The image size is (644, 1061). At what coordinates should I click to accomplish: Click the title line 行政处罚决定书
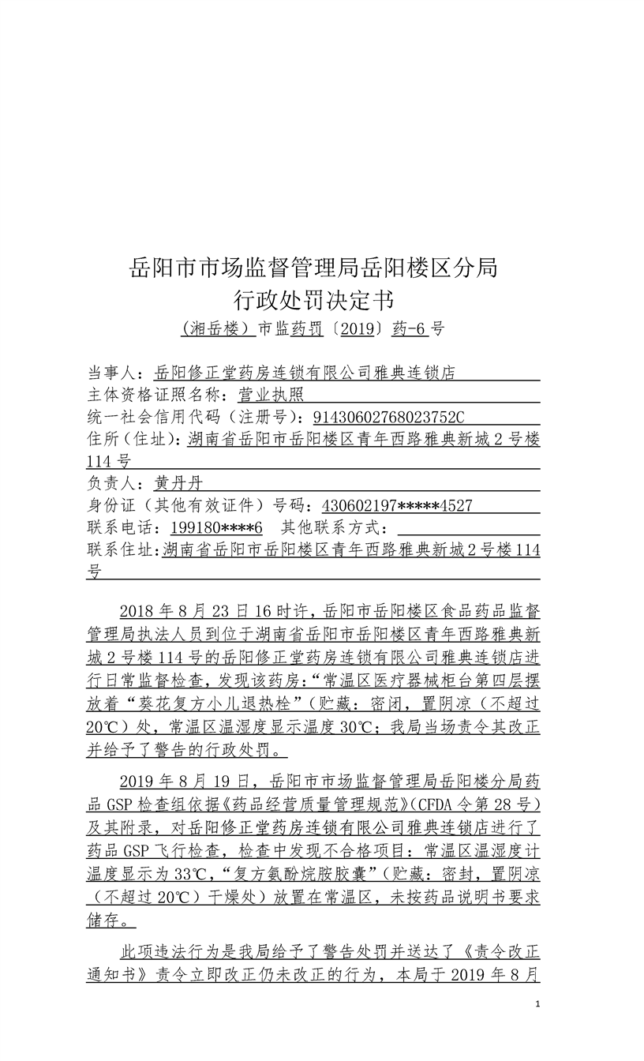coord(313,301)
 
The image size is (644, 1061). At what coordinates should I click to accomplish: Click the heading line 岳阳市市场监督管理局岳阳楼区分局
coord(313,268)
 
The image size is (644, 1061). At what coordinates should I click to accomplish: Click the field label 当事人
coord(114,372)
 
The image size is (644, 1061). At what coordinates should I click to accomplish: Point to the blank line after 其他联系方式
coord(469,527)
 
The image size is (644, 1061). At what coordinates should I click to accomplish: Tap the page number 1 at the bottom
coord(537,1004)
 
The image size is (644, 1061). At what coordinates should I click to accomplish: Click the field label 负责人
coord(114,482)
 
